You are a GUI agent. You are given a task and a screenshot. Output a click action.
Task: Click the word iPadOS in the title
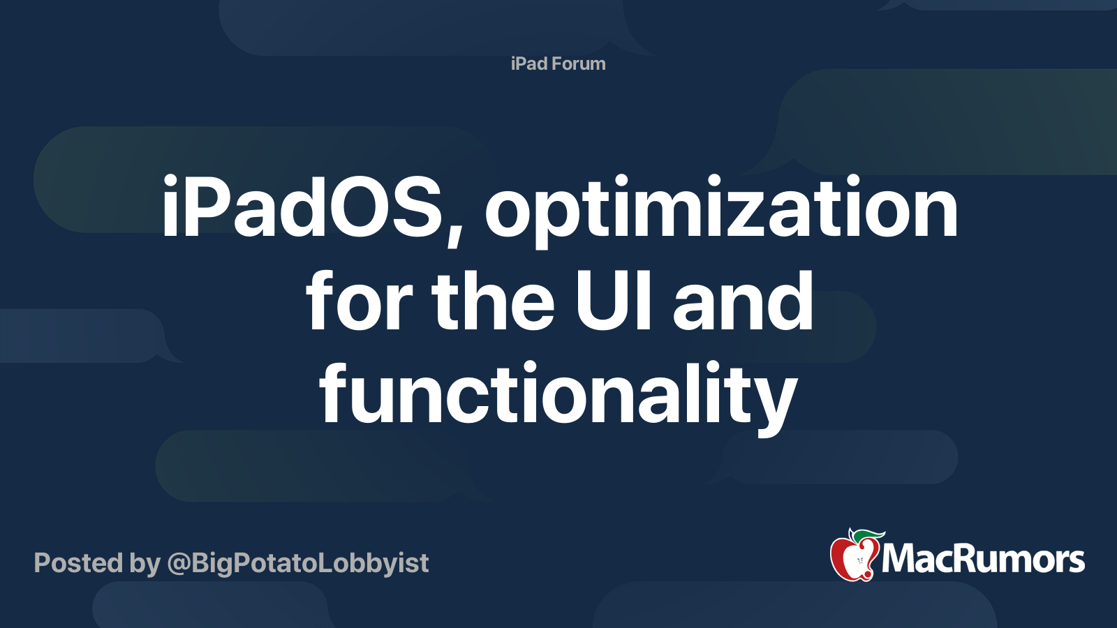(x=302, y=208)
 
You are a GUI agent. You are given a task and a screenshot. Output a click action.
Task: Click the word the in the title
(x=493, y=302)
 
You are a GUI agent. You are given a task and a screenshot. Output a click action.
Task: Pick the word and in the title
(x=743, y=302)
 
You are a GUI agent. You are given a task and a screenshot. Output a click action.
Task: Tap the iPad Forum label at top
(x=558, y=63)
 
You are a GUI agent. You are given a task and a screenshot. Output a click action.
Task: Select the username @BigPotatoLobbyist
(x=298, y=563)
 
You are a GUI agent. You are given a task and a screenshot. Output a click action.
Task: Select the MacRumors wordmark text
(x=983, y=560)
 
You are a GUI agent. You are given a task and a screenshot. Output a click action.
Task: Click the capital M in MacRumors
(x=899, y=560)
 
